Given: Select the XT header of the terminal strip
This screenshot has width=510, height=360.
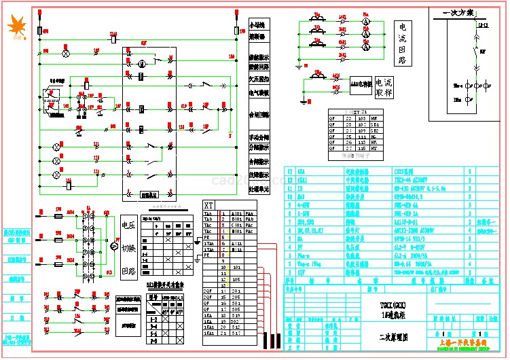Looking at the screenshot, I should tap(209, 204).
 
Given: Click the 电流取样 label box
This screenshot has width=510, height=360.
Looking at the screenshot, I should tap(384, 86).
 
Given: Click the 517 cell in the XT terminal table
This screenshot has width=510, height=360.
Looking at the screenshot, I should tap(236, 334).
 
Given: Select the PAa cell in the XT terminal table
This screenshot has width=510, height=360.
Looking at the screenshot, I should tap(251, 213).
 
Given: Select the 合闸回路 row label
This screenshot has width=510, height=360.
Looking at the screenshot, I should tap(259, 114).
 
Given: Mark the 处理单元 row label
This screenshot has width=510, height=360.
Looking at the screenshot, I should tap(259, 188).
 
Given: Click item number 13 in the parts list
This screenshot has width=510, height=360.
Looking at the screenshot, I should tap(291, 172).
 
